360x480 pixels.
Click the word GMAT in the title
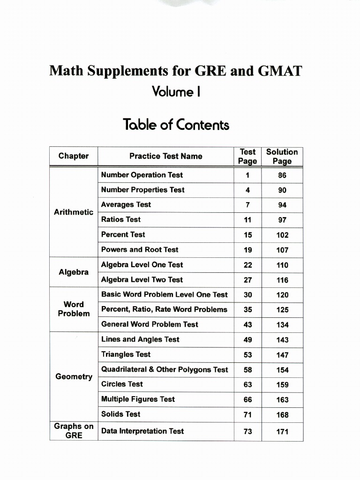point(280,72)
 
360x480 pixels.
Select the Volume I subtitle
point(176,91)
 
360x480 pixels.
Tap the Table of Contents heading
point(176,125)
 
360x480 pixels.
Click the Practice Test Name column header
point(166,156)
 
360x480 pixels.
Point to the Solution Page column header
point(282,157)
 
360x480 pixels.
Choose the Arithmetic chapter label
point(74,212)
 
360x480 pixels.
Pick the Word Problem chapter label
point(74,309)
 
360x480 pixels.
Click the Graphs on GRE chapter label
point(74,431)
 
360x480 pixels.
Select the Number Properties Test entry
point(143,190)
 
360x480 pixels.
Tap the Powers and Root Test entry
point(140,249)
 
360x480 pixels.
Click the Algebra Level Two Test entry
point(142,280)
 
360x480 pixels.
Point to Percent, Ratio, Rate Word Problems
point(164,309)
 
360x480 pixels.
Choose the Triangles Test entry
point(126,354)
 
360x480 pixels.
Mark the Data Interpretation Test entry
point(142,431)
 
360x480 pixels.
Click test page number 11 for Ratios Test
point(247,220)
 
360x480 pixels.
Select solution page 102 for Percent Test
point(282,235)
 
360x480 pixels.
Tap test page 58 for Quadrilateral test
point(247,370)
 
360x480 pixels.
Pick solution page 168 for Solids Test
point(282,415)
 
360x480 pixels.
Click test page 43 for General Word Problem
point(247,325)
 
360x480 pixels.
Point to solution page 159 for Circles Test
point(282,385)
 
